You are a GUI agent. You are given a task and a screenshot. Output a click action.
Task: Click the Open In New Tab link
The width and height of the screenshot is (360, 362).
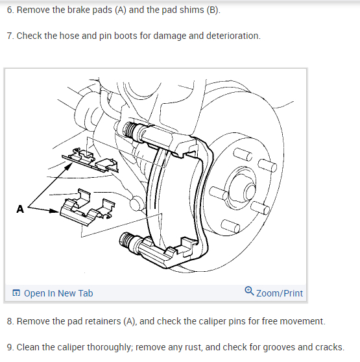[x=53, y=293]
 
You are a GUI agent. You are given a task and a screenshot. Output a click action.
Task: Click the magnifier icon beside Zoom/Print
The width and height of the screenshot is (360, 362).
[x=249, y=291]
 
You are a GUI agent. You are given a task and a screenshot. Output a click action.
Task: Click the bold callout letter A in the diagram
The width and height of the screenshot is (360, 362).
[x=20, y=209]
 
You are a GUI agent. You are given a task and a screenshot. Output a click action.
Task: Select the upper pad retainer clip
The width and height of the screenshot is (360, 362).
[x=90, y=160]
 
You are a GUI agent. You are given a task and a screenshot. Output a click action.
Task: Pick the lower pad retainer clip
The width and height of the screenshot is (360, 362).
[x=87, y=208]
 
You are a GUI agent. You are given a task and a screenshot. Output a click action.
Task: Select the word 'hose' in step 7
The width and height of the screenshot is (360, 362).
[x=69, y=36]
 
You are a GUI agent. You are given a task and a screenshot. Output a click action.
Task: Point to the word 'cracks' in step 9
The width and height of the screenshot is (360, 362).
[x=330, y=347]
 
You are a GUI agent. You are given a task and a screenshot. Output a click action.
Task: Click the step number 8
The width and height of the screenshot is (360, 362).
[x=10, y=321]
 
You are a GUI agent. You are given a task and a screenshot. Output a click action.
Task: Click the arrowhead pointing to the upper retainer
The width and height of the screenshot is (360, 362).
[x=69, y=166]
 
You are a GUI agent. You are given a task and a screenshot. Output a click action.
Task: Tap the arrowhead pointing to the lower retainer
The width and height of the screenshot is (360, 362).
[x=54, y=211]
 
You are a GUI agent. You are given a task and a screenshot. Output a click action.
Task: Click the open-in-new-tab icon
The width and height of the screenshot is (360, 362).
[x=16, y=293]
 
